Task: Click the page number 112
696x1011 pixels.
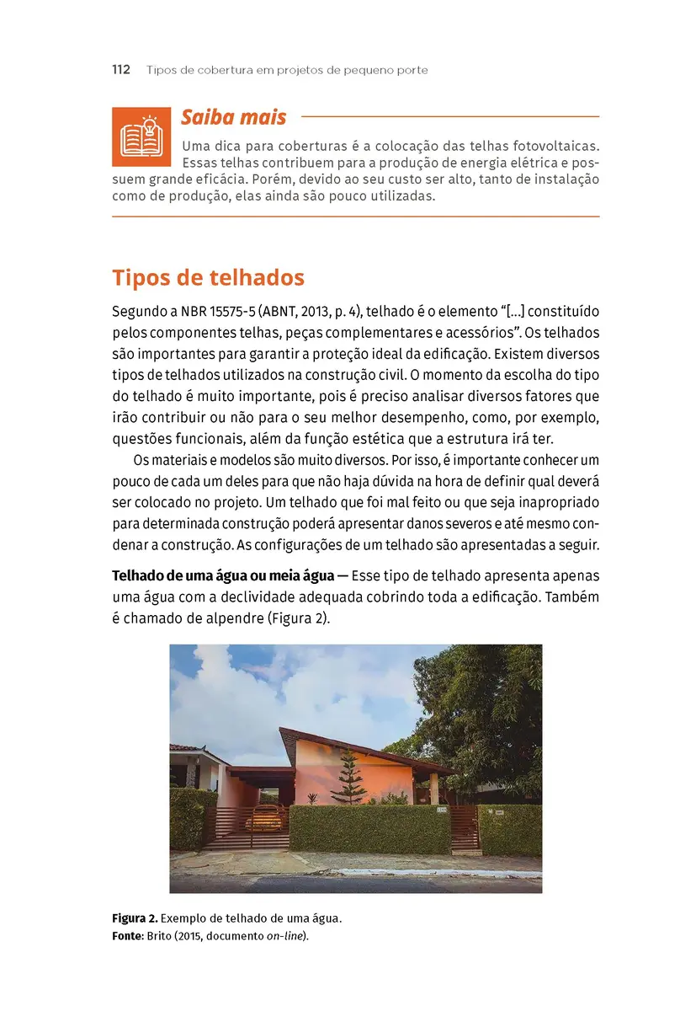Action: [x=120, y=70]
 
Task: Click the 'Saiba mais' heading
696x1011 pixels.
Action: [x=233, y=117]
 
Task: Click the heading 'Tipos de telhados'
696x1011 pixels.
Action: [x=208, y=278]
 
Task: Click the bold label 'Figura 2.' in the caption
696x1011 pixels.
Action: [x=134, y=917]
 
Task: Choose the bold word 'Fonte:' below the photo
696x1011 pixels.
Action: [x=128, y=935]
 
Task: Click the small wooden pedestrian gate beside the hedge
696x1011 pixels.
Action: [x=464, y=828]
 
